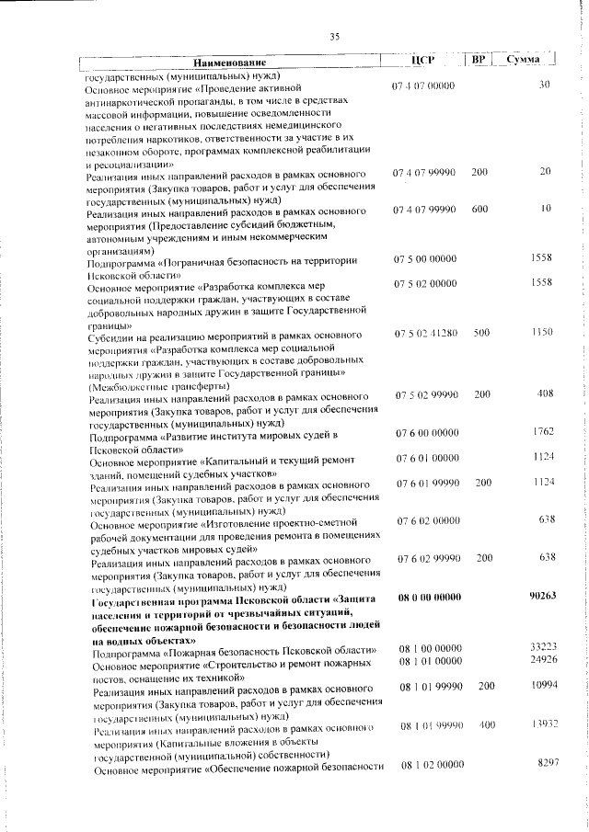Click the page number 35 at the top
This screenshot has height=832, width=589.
coord(334,36)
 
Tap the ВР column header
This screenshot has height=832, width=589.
coord(479,60)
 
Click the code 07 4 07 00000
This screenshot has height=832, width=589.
coord(423,85)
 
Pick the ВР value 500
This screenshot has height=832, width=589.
coord(481,332)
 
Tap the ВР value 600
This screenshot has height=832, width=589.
coord(479,209)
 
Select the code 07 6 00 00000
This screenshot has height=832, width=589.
coord(427,432)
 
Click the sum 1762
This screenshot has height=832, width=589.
coord(543,431)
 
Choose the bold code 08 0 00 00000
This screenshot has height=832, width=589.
coord(429,598)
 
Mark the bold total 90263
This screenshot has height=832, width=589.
coord(544,597)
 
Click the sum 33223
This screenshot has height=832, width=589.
coord(544,647)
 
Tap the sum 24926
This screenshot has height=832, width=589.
coord(544,660)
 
